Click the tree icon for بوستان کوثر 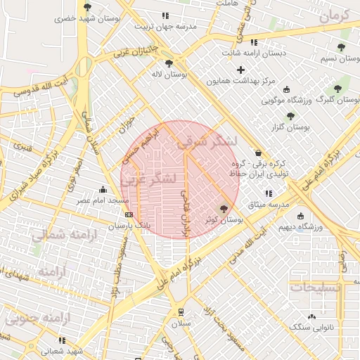(224, 208)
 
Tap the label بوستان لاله (172, 74)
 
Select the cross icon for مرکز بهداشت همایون (241, 70)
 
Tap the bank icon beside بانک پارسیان (128, 214)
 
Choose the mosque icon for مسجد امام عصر (103, 189)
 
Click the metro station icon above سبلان (181, 311)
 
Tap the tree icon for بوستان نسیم (341, 48)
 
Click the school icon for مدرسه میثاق (267, 193)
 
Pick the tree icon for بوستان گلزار (290, 116)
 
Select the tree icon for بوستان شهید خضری (87, 7)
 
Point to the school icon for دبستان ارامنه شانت (254, 42)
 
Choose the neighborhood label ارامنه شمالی (69, 235)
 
